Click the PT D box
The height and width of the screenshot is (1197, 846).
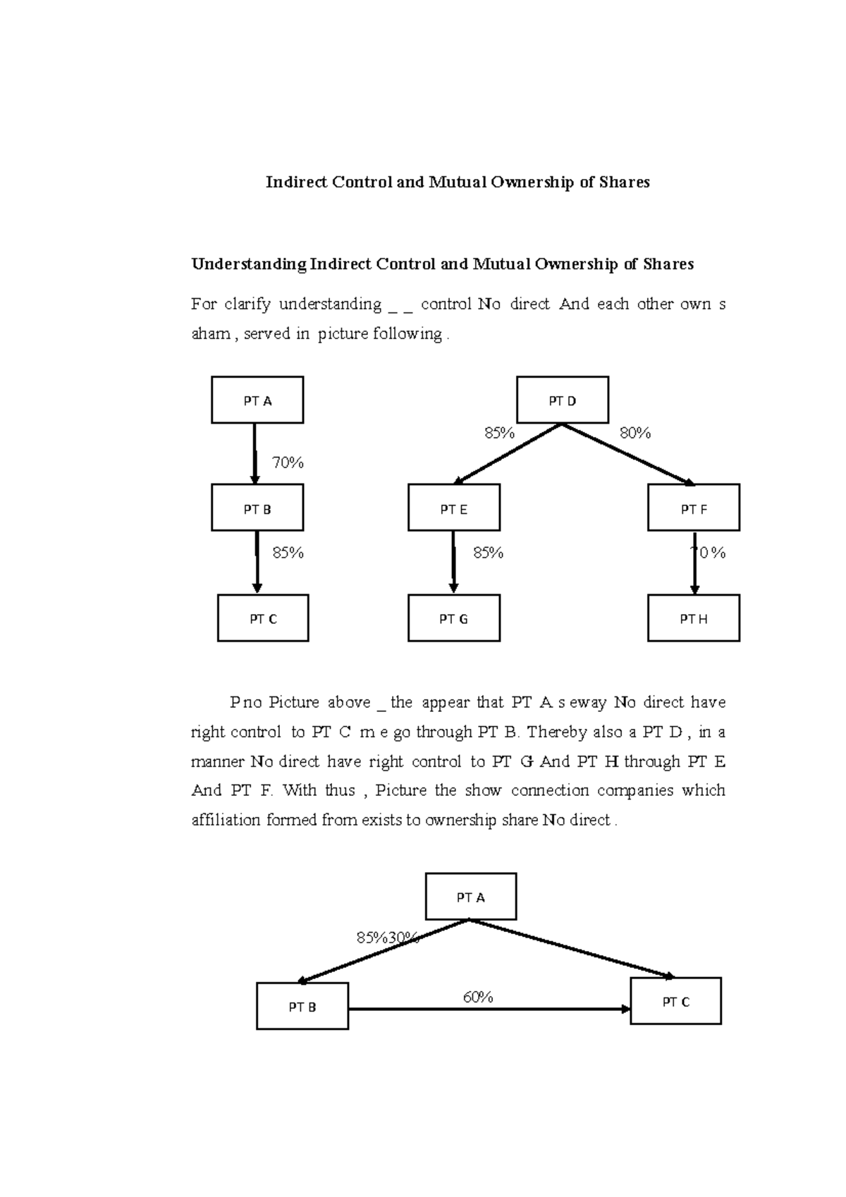[563, 400]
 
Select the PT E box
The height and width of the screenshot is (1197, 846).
[454, 508]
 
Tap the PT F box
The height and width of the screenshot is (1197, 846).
[694, 508]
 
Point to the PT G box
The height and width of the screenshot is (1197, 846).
[454, 618]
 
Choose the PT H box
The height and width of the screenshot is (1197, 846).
[694, 618]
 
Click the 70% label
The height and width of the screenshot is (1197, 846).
[288, 463]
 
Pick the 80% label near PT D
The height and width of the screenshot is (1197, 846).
[635, 434]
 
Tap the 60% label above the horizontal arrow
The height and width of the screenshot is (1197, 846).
[478, 997]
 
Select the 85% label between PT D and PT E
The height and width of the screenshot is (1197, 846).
[499, 434]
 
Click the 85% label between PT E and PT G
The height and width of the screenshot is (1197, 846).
[488, 553]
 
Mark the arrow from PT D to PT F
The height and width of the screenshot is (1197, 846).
[627, 454]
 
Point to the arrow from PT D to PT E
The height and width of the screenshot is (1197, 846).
[508, 454]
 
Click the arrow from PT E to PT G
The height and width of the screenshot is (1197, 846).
[454, 562]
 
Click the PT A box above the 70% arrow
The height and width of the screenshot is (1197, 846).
[257, 400]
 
